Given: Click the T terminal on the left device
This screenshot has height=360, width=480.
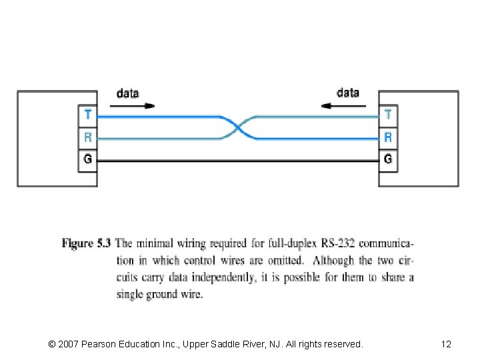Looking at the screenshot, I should [x=88, y=115].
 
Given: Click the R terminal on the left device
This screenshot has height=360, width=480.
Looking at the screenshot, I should [x=88, y=137].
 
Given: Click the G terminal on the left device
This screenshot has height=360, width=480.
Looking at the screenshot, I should [x=88, y=160].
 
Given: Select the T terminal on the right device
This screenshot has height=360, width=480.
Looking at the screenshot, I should [x=388, y=115].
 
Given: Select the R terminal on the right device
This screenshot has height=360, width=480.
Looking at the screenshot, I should [x=388, y=137].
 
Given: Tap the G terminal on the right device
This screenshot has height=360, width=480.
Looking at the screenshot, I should [x=388, y=160].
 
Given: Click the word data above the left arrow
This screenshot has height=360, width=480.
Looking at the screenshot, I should [x=128, y=93].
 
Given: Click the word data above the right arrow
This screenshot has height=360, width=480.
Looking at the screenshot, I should [x=348, y=93].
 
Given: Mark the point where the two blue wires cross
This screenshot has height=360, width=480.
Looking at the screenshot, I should [x=238, y=127].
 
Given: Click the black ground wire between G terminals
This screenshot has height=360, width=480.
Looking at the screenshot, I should [x=238, y=161].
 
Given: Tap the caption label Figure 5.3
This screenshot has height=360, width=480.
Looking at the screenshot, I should [x=87, y=244].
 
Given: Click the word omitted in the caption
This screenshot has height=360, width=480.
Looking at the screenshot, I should [x=283, y=261].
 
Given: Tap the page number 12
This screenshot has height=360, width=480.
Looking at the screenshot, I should [x=446, y=344].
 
